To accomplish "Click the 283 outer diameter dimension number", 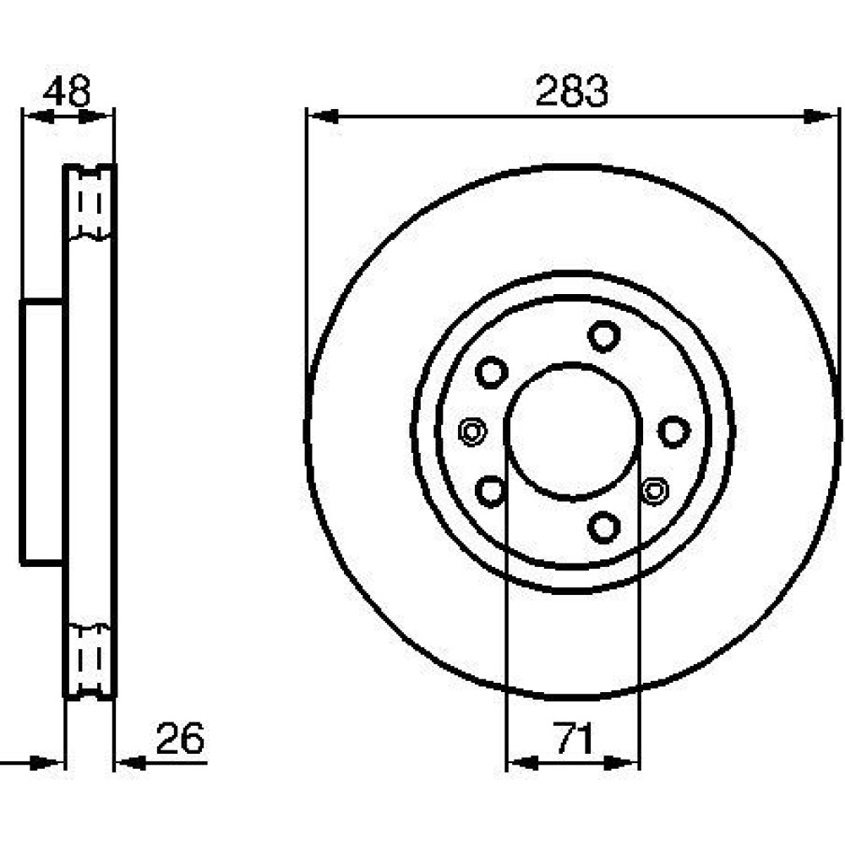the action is [571, 91].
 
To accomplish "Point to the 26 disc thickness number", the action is [180, 738].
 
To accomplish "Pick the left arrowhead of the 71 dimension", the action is [523, 762].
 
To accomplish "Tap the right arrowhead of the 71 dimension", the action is [624, 762].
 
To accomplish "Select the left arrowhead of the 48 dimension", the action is [39, 116].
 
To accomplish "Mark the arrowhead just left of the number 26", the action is [131, 762].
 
